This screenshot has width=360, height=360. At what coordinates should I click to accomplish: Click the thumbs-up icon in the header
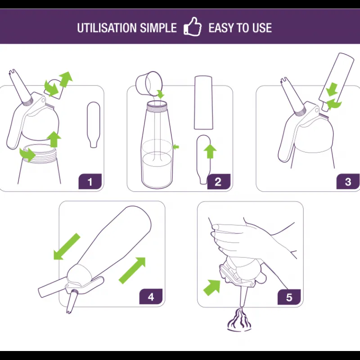193,27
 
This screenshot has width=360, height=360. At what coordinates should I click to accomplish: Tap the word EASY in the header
221,28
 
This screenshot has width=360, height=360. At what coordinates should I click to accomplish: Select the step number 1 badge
90,181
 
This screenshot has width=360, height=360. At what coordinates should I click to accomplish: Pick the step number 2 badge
219,181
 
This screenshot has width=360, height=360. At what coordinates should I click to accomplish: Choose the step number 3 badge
348,181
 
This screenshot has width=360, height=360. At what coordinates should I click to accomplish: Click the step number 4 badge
151,297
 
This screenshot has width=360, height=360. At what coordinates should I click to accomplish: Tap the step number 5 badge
289,297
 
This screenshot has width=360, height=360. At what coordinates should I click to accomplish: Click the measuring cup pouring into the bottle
149,83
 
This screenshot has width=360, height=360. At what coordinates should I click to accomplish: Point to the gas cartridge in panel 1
94,125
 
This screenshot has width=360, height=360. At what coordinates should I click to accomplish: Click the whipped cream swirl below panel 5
239,319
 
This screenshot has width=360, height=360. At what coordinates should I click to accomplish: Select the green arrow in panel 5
212,288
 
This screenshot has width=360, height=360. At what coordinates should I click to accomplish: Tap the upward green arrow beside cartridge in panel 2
210,151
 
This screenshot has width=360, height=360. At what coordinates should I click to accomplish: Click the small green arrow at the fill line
175,147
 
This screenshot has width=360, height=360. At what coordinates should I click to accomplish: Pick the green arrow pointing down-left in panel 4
67,247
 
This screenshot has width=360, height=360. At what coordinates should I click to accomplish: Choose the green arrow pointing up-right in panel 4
132,270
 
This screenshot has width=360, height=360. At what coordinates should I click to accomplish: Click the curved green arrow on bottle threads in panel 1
27,155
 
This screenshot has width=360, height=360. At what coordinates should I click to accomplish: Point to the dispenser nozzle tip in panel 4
68,312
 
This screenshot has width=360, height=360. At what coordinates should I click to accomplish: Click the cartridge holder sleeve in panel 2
203,103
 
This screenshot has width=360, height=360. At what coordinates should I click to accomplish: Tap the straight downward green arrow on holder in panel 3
332,90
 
